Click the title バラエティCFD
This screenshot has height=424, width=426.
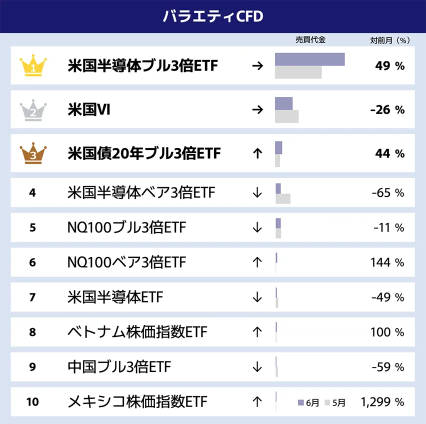[x=212, y=16]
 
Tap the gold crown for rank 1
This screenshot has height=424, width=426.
[x=33, y=65]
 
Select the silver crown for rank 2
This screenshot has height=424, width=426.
[x=33, y=109]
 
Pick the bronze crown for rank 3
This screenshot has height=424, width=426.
[x=33, y=153]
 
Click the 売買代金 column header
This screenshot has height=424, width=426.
[x=310, y=40]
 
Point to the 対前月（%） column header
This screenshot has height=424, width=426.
[x=389, y=40]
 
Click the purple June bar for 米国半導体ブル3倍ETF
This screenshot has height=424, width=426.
[x=309, y=59]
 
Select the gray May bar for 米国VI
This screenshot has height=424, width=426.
[x=286, y=116]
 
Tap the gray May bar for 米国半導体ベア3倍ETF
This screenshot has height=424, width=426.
[x=282, y=199]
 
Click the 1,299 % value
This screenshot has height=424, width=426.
[x=382, y=401]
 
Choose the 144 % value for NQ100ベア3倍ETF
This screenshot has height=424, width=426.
[x=387, y=262]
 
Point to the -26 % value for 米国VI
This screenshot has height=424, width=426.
[x=387, y=110]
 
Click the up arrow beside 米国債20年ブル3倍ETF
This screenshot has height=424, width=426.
[x=257, y=153]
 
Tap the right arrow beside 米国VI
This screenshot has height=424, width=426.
[x=257, y=109]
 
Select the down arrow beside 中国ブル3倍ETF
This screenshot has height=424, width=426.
[x=257, y=367]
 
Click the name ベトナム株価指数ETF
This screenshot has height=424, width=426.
[x=137, y=332]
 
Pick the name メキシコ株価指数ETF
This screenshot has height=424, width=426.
[x=137, y=401]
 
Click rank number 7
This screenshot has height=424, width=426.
[x=32, y=297]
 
